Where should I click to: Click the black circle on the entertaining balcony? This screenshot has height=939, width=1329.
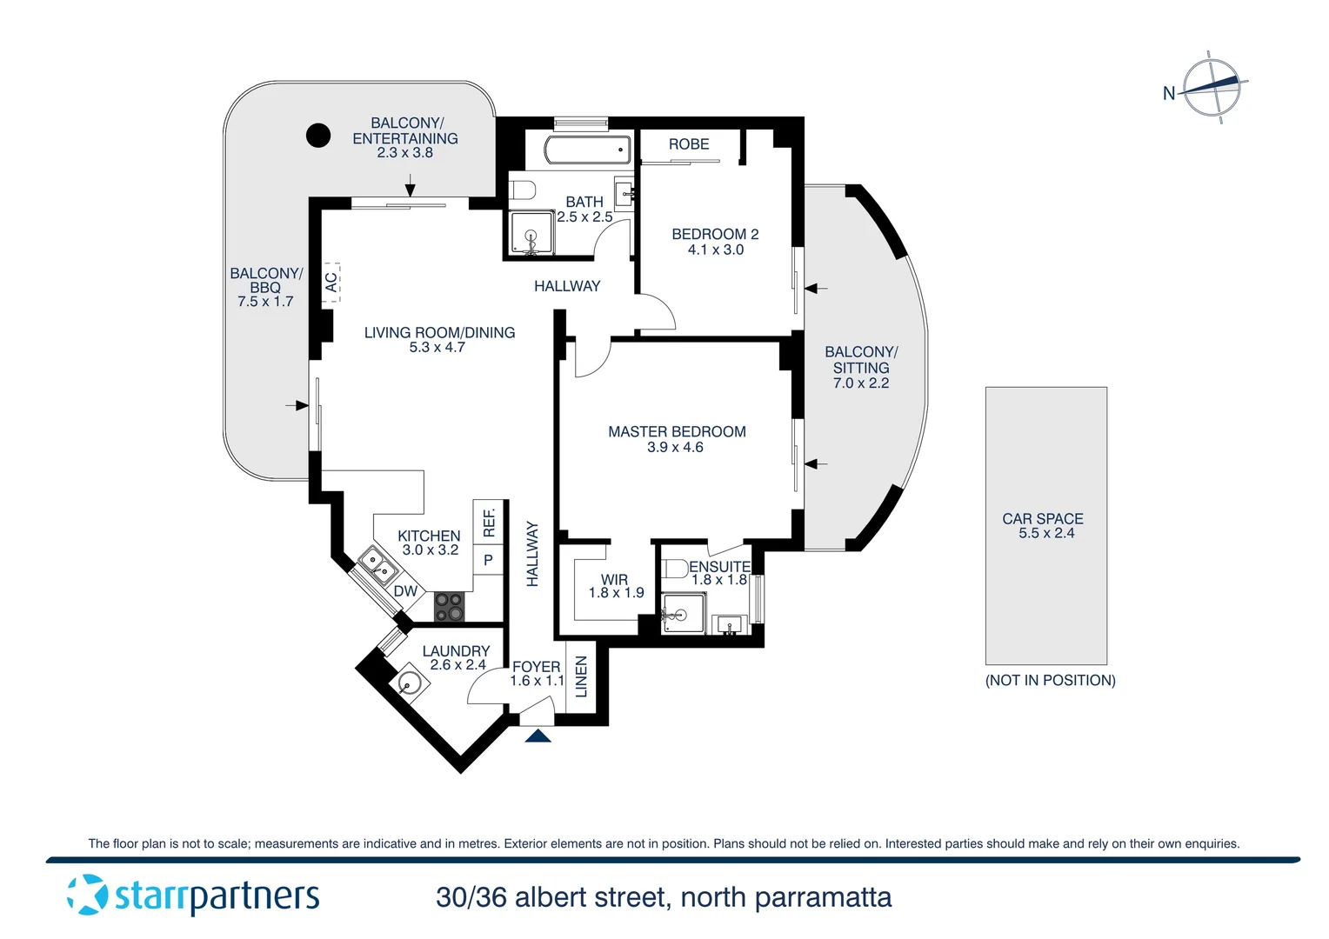point(318,135)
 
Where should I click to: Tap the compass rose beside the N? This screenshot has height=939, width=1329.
point(1212,87)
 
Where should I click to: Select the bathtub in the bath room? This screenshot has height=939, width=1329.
point(588,150)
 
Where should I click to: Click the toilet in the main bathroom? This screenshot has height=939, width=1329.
point(523,190)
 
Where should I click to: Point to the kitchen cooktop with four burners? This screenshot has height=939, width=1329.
point(449,607)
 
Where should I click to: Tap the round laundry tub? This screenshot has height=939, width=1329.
point(409,683)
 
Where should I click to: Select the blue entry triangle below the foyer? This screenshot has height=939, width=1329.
point(538,736)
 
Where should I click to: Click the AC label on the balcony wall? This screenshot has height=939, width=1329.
point(331,283)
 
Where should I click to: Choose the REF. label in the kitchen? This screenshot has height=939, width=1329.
point(489,522)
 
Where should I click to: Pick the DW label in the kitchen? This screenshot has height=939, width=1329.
point(405,591)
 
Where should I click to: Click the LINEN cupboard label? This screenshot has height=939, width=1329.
point(581,677)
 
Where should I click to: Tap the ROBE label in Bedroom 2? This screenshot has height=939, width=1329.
point(689,144)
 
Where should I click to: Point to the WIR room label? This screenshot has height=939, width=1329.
point(614,579)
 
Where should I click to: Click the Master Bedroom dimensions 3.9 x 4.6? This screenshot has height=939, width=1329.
point(675,448)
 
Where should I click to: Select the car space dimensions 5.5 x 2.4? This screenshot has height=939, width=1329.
point(1046,533)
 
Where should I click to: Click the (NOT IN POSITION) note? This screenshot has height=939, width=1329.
point(1050,680)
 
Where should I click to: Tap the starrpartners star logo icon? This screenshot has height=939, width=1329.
point(88,895)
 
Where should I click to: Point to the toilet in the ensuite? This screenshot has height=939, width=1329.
point(675,569)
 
